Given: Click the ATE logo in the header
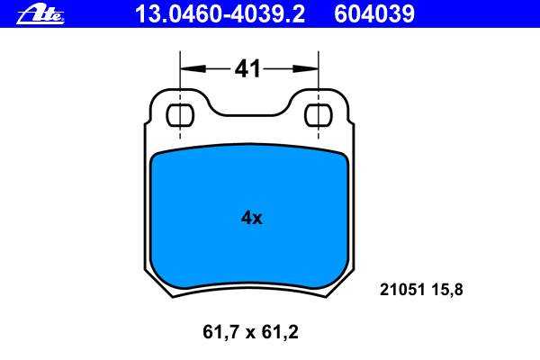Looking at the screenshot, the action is coord(40,15).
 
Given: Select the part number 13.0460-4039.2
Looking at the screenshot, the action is coord(220,14).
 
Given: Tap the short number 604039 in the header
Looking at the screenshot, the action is coord(374,14).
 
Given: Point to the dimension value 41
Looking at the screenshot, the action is coord(247,68).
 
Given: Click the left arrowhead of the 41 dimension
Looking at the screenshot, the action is coord(193,69).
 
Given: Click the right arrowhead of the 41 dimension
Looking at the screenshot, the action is coord(305,69).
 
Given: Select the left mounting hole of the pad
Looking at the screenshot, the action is coord(180,115).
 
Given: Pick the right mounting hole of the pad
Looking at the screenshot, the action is coord(319,115).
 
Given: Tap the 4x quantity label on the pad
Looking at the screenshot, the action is coord(252,218).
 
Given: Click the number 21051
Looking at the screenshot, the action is coord(402,290).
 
